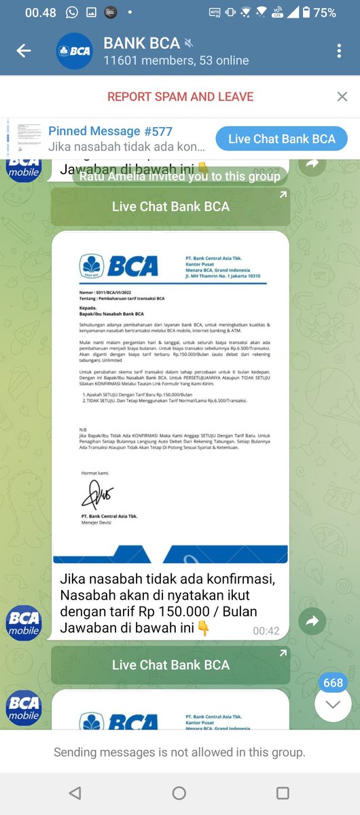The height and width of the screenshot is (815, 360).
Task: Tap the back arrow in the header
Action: pyautogui.click(x=24, y=51)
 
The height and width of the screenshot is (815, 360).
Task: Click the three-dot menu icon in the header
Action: pyautogui.click(x=340, y=51)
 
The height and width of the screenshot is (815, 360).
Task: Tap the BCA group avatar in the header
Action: pyautogui.click(x=74, y=51)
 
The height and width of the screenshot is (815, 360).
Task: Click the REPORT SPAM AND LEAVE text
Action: pyautogui.click(x=180, y=96)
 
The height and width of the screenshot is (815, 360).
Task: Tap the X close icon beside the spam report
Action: pyautogui.click(x=342, y=96)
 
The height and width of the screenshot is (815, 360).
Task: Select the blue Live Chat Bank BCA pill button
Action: pyautogui.click(x=281, y=139)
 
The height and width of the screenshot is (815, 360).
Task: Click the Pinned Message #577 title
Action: pyautogui.click(x=110, y=131)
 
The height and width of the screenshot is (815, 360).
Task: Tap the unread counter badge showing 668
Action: pyautogui.click(x=333, y=683)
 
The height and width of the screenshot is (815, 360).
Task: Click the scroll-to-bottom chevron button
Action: pyautogui.click(x=333, y=704)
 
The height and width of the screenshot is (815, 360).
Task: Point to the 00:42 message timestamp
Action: pyautogui.click(x=266, y=631)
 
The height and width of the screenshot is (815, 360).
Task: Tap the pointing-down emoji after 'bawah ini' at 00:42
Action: pyautogui.click(x=203, y=629)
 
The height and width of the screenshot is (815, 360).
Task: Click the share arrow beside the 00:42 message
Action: pyautogui.click(x=312, y=621)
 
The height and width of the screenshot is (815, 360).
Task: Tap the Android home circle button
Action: pyautogui.click(x=179, y=793)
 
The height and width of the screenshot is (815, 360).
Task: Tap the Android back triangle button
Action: pyautogui.click(x=75, y=793)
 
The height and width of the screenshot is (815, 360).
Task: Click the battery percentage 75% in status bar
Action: pyautogui.click(x=325, y=12)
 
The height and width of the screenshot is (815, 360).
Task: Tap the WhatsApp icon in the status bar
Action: pyautogui.click(x=72, y=12)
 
